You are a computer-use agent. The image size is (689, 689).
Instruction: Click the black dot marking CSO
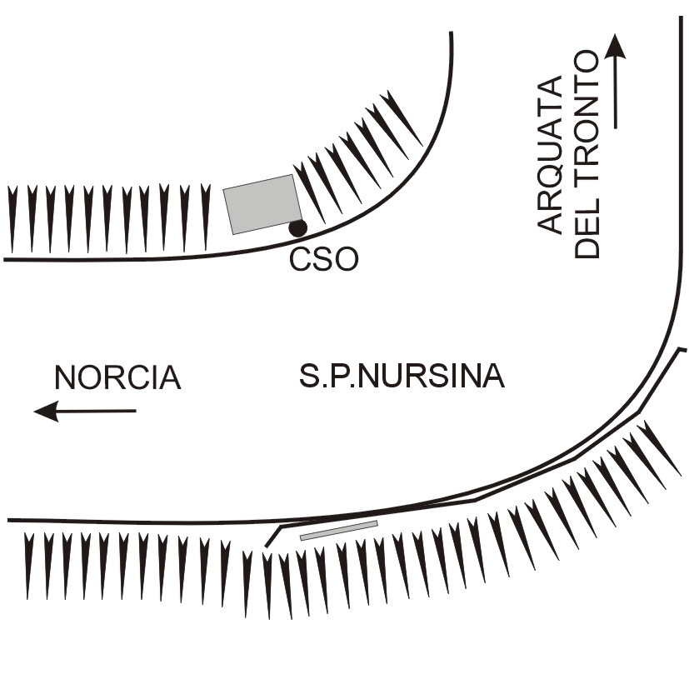pos(297,227)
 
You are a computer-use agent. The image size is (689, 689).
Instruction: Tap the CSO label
pos(324,260)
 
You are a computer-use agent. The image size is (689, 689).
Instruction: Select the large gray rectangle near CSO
pos(262,204)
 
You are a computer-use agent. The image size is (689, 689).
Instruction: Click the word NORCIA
pos(117,377)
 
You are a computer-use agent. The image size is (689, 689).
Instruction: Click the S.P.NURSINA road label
pos(402,377)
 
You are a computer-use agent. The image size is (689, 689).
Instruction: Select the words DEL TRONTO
pos(588,154)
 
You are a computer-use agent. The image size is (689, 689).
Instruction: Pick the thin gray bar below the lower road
pos(338,530)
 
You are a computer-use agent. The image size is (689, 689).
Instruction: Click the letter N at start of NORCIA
pos(66,377)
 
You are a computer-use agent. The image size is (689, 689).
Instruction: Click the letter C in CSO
pos(301,260)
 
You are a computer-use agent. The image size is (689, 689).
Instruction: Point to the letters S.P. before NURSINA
pos(320,377)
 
